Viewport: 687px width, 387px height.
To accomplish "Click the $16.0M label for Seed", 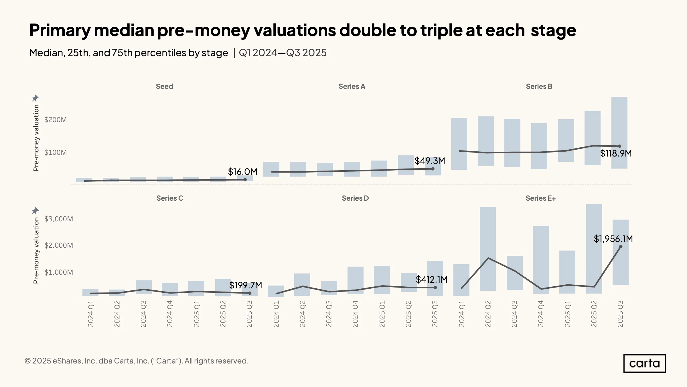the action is pyautogui.click(x=242, y=172).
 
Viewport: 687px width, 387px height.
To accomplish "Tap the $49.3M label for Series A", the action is pyautogui.click(x=430, y=161).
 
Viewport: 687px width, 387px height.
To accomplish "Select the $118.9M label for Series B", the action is pyautogui.click(x=616, y=153).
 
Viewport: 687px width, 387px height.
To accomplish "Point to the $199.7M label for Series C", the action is pyautogui.click(x=245, y=285).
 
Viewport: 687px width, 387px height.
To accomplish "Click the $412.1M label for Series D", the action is pyautogui.click(x=431, y=279).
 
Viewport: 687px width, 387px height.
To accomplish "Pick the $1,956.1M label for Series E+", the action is pyautogui.click(x=613, y=239).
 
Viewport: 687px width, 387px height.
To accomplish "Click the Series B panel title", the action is pyautogui.click(x=539, y=87).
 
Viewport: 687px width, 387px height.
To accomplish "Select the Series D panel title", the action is pyautogui.click(x=355, y=198).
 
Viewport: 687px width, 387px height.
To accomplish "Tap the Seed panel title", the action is pyautogui.click(x=164, y=87).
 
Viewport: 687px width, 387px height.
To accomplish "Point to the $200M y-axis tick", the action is pyautogui.click(x=56, y=120).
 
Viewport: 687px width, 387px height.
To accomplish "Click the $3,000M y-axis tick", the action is pyautogui.click(x=59, y=219).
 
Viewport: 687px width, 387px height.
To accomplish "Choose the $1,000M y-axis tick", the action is pyautogui.click(x=59, y=272).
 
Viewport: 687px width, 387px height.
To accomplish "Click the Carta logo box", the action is pyautogui.click(x=644, y=363).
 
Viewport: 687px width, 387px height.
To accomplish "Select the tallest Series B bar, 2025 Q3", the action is pyautogui.click(x=619, y=133).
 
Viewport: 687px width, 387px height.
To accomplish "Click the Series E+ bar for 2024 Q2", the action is pyautogui.click(x=488, y=249).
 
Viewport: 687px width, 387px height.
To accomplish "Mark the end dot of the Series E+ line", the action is pyautogui.click(x=621, y=247).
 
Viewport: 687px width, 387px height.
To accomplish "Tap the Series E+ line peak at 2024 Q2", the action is pyautogui.click(x=488, y=258).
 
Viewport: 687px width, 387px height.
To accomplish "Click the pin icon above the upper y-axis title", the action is pyautogui.click(x=35, y=98).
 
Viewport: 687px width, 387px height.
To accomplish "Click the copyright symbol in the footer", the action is pyautogui.click(x=27, y=361).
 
